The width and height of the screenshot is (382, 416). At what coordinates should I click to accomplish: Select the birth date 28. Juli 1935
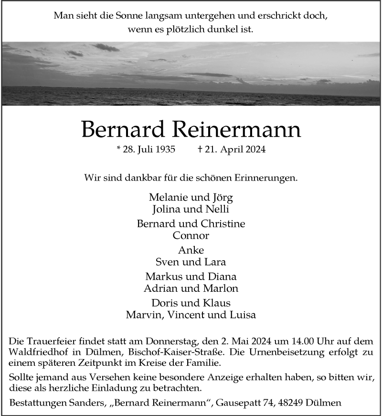pos(146,149)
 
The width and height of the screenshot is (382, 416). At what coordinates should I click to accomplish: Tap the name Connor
pos(191,235)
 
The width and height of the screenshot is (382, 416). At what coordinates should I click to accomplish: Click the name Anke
pos(191,250)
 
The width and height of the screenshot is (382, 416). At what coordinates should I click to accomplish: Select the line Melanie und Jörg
pos(191,197)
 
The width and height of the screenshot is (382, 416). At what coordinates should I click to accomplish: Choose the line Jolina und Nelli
pos(191,209)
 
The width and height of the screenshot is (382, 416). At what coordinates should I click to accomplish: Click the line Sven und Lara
pos(191,262)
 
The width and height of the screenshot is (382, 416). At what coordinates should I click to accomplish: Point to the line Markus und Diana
pos(191,277)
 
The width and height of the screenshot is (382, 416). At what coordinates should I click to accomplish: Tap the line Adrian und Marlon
pos(191,288)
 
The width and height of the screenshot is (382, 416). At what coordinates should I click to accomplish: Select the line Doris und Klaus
pos(191,303)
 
